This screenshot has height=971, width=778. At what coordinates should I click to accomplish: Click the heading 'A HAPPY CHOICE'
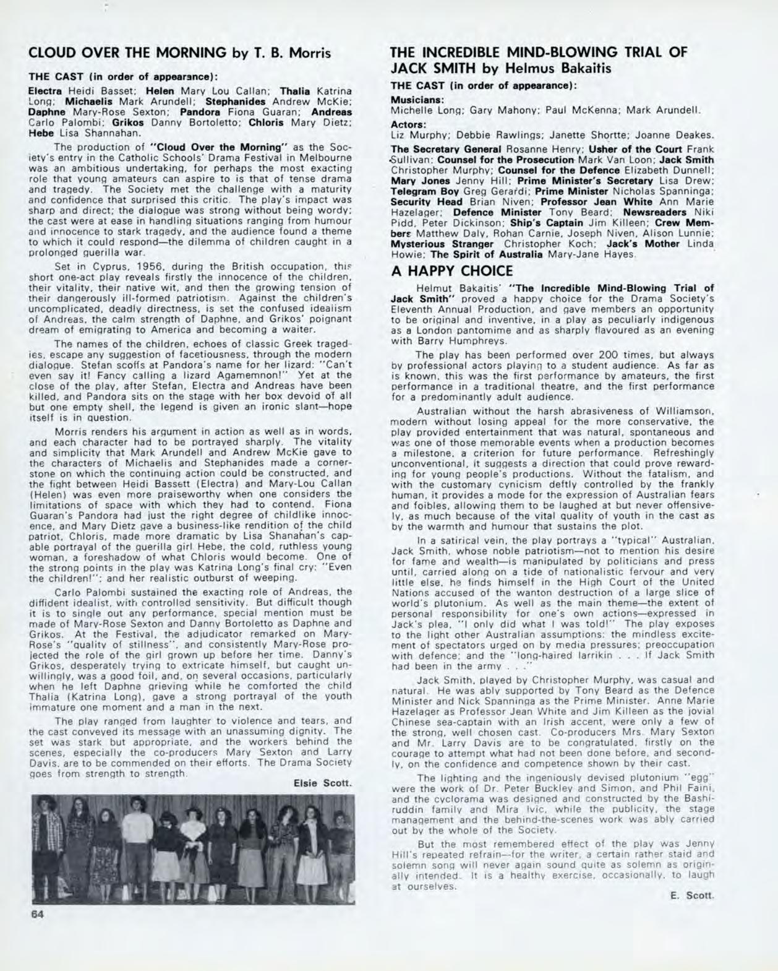tap(452, 271)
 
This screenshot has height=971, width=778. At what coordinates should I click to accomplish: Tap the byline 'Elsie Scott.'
tap(322, 783)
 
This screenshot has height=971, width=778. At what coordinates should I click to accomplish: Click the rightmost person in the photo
tap(341, 842)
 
